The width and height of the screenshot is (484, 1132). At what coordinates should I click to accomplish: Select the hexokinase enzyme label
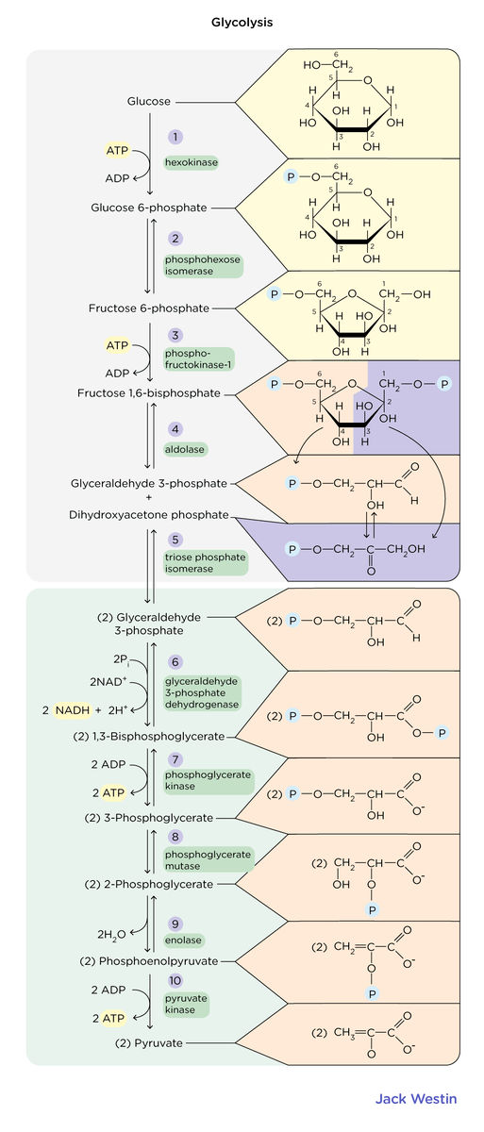coord(192,163)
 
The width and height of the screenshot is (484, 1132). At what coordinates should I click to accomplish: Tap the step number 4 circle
coord(175,428)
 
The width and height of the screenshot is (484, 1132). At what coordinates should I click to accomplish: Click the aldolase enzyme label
coord(186,449)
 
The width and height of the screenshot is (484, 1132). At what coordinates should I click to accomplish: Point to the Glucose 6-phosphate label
coord(149,208)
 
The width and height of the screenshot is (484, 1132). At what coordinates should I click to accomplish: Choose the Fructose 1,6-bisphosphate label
coord(149,392)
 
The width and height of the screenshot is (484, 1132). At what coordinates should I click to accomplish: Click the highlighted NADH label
coord(72,709)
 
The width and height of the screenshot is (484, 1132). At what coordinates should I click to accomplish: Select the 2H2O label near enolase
coord(110,935)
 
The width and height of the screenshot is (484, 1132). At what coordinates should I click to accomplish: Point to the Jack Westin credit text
coord(417,1099)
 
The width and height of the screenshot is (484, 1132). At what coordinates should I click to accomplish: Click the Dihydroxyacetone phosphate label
coord(148,515)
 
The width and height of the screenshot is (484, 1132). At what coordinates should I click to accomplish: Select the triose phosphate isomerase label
coord(205,563)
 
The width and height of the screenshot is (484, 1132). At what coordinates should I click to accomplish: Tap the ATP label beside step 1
coord(117,150)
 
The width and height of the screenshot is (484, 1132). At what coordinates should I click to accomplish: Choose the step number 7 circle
coord(175,759)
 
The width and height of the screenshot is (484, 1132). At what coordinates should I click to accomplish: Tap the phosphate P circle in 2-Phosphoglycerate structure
coord(373,910)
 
